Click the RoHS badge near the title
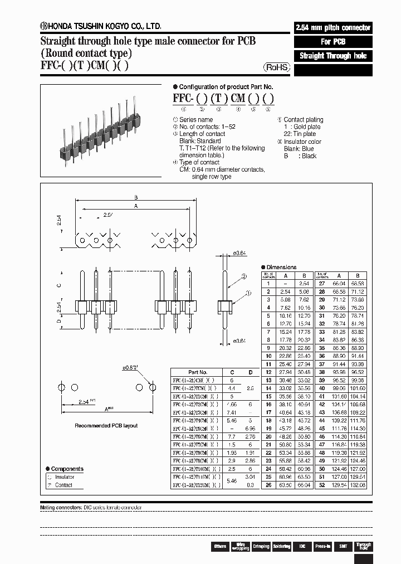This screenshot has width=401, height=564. tap(277, 67)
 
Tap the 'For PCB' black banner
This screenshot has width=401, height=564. tap(332, 42)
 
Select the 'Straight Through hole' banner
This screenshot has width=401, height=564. tap(332, 56)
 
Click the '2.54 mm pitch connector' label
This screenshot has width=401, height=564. tap(332, 28)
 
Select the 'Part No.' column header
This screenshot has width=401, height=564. tap(198, 372)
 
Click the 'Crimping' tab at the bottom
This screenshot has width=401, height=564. tap(261, 547)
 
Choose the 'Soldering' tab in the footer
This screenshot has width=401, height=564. tap(281, 547)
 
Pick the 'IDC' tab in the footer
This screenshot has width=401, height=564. tap(302, 547)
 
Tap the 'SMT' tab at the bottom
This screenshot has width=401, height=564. tap(343, 547)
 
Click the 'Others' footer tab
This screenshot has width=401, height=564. tap(220, 547)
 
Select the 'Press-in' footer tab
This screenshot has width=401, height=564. tap(322, 547)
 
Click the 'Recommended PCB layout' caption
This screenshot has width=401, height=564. tap(106, 426)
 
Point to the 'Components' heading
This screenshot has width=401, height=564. tap(67, 469)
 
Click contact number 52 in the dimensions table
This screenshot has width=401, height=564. tap(321, 485)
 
